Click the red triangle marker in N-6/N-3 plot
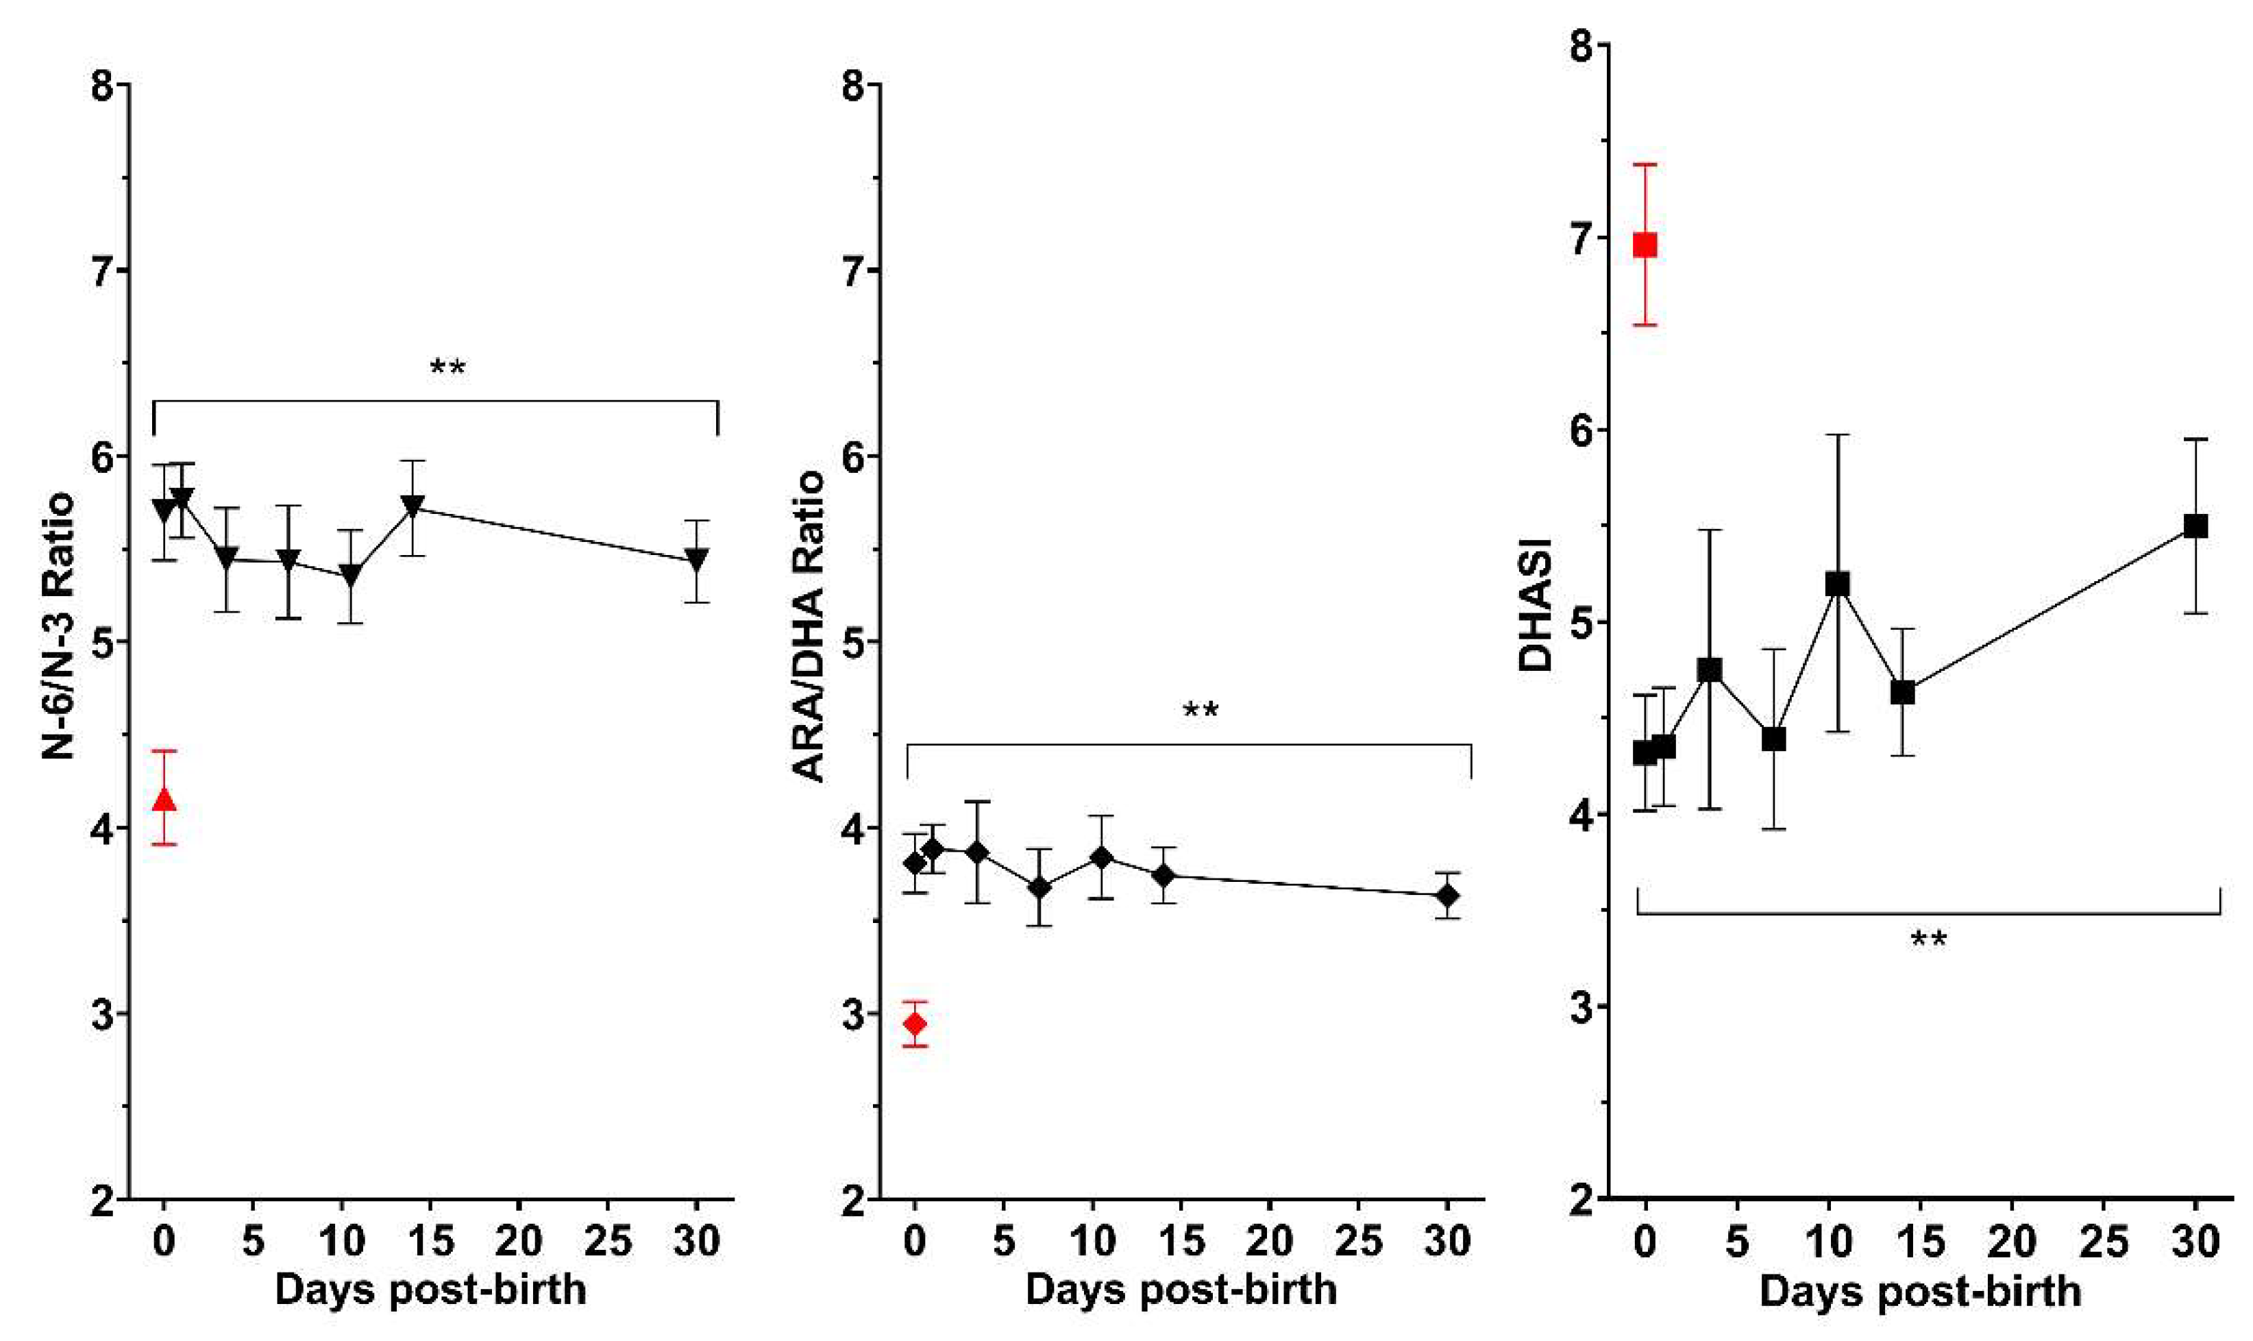click(164, 800)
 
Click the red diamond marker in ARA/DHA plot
click(915, 1024)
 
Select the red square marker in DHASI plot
click(1645, 245)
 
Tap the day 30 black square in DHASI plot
click(2195, 526)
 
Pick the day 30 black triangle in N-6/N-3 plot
click(696, 559)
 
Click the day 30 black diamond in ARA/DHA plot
click(1448, 896)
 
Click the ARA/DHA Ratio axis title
click(809, 626)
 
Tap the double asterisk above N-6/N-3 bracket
click(447, 368)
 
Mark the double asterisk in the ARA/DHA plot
click(1201, 711)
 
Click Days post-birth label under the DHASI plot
click(1920, 1291)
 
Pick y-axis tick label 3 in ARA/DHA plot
click(854, 1013)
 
